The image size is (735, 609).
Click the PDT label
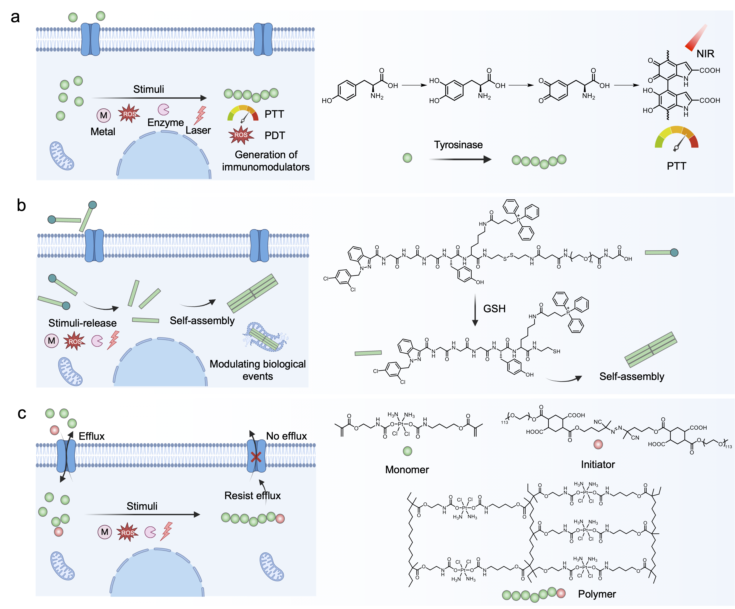click(275, 136)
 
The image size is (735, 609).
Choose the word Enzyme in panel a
click(166, 122)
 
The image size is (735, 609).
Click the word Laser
click(198, 130)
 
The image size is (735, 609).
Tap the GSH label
click(494, 309)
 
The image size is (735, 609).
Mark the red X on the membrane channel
click(256, 457)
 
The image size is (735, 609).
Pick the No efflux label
click(286, 436)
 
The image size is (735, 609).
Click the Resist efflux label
click(252, 496)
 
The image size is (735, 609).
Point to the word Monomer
click(407, 470)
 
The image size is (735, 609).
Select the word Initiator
click(598, 464)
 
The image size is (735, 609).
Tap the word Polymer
click(597, 594)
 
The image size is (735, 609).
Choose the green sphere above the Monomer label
click(407, 451)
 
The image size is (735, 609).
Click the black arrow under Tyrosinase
click(460, 159)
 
